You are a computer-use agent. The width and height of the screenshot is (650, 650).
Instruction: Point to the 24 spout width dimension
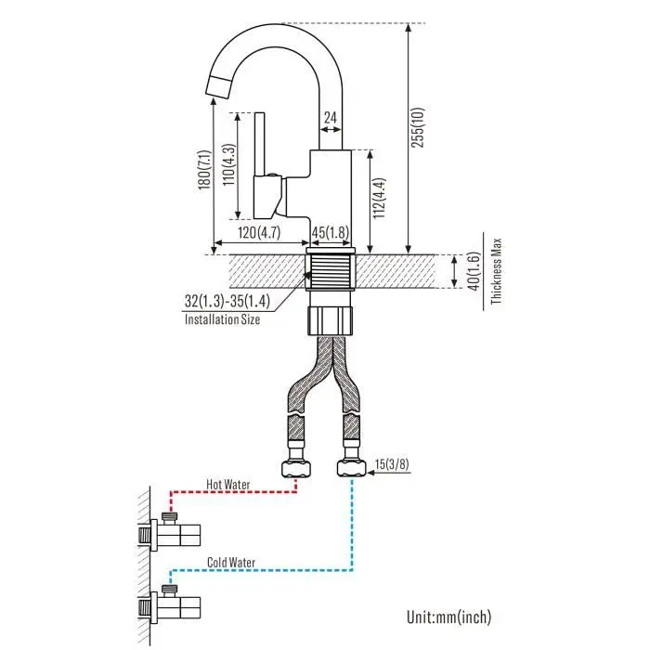click(x=330, y=118)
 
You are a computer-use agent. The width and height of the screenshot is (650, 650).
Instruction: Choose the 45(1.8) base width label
click(x=330, y=232)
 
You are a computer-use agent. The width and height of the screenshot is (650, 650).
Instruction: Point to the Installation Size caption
click(x=222, y=319)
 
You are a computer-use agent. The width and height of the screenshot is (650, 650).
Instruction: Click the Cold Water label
click(x=231, y=562)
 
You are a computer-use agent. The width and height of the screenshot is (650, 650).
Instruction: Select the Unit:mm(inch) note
click(x=448, y=616)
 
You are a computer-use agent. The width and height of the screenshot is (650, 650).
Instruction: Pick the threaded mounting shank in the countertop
click(x=330, y=271)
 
